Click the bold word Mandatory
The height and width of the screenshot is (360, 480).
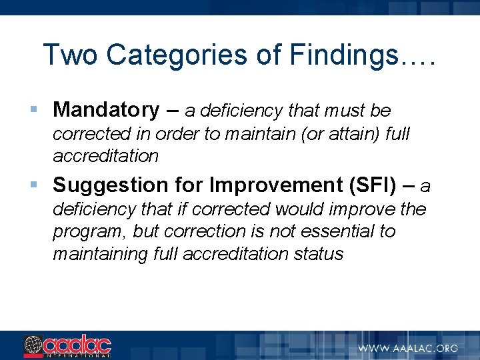(x=106, y=109)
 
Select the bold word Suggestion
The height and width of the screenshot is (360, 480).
(x=104, y=184)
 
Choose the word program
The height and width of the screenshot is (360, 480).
(x=87, y=231)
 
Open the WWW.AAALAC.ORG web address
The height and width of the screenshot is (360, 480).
(x=408, y=347)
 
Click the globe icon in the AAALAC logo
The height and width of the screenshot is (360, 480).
(x=33, y=345)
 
